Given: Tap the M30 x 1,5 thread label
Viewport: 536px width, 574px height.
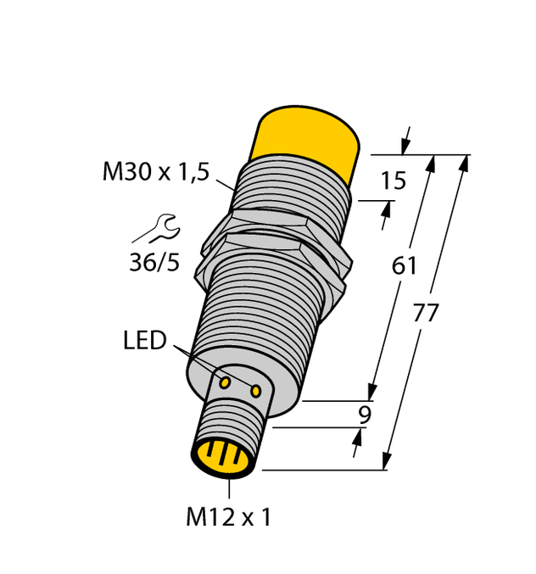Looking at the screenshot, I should [155, 172].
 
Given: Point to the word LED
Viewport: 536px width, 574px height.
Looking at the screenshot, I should [144, 341].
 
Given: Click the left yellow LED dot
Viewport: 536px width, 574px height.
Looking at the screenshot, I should [226, 383].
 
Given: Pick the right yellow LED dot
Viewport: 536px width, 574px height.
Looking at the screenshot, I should [255, 390].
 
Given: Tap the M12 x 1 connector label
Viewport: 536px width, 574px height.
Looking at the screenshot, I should [228, 517].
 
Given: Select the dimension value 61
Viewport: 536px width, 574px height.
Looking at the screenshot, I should [404, 266].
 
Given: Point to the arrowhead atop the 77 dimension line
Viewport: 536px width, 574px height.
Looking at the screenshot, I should [463, 162].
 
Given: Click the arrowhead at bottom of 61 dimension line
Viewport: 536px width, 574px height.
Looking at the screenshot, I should [371, 392].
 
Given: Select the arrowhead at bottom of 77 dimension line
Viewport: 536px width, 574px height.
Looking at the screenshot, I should [387, 462].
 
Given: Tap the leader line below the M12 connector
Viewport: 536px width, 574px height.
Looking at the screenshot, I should [230, 490].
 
